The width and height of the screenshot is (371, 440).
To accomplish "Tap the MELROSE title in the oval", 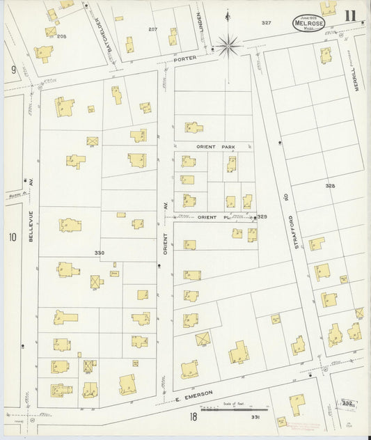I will [308, 24].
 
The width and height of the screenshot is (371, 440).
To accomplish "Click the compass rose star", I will [228, 47].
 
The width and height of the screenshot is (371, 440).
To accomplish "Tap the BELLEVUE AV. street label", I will [31, 227].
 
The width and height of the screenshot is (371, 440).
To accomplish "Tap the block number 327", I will [266, 23].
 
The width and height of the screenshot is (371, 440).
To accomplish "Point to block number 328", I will [330, 186].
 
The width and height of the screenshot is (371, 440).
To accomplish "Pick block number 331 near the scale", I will [255, 416].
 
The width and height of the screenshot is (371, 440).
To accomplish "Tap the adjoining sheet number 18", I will [193, 416].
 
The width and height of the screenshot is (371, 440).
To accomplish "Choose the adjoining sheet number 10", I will [12, 237].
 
